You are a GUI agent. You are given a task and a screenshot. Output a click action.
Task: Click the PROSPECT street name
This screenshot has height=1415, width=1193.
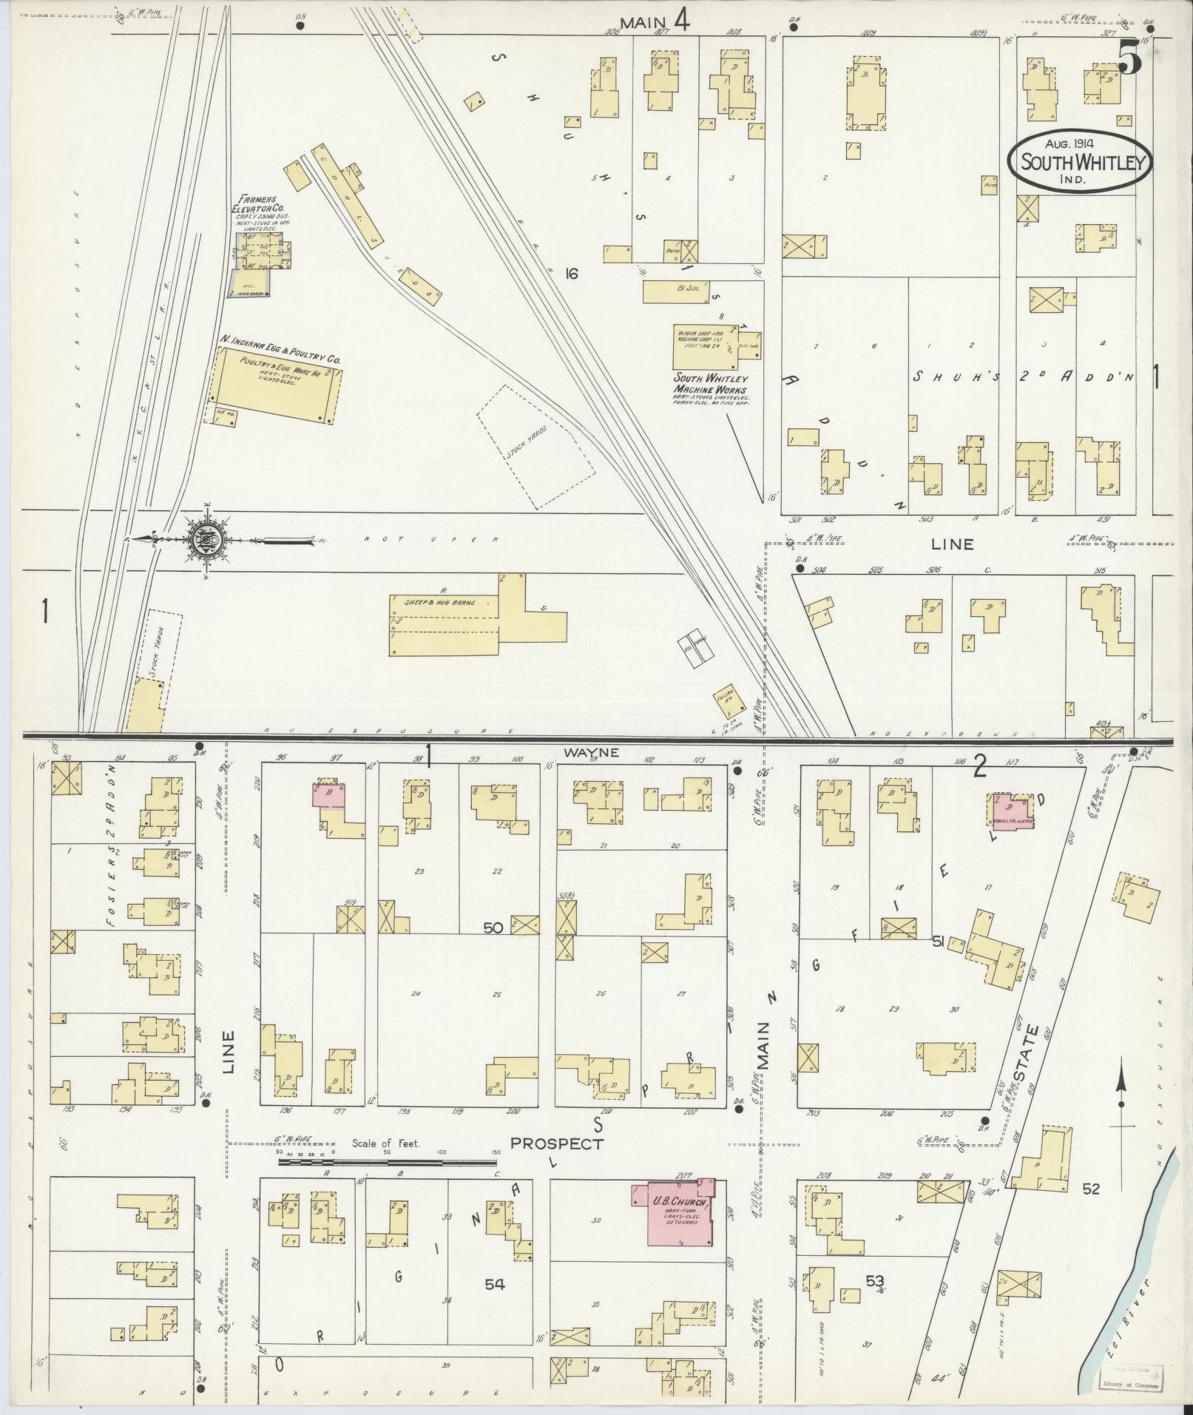click(x=556, y=1164)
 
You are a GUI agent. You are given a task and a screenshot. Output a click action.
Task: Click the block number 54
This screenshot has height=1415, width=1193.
click(x=495, y=1285)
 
